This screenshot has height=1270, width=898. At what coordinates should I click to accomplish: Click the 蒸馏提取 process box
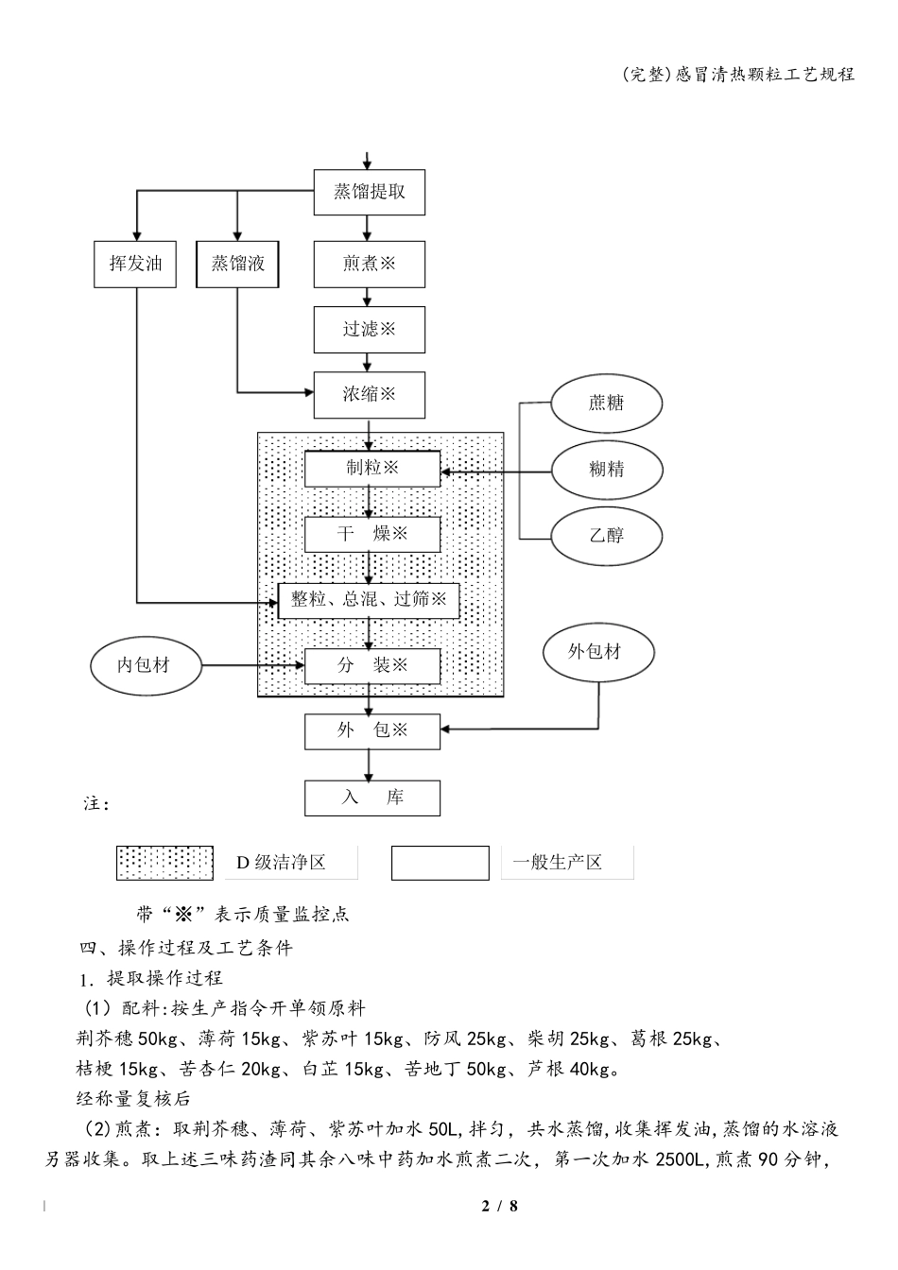[x=369, y=193]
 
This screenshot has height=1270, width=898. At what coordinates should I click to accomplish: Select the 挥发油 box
[x=135, y=265]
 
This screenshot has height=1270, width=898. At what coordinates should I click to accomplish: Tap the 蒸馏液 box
[x=238, y=265]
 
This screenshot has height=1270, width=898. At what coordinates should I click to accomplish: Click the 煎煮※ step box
[x=369, y=265]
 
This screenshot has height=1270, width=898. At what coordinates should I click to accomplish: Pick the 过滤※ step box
[x=369, y=330]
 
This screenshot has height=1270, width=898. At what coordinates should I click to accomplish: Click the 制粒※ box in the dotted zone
[x=371, y=469]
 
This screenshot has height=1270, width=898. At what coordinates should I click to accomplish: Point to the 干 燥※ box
[x=371, y=535]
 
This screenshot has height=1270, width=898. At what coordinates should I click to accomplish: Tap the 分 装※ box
[x=371, y=666]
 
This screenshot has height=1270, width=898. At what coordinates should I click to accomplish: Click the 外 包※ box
[x=371, y=731]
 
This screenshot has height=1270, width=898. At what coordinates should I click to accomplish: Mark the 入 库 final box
[x=371, y=798]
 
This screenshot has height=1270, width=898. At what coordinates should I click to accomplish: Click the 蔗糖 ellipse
[x=607, y=403]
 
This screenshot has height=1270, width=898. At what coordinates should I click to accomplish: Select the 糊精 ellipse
[x=607, y=469]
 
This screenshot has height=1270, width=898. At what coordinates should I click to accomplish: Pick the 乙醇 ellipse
[x=607, y=535]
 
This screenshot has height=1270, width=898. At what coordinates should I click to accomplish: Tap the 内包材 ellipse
[x=145, y=666]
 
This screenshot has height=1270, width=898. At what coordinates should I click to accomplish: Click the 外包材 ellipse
[x=597, y=652]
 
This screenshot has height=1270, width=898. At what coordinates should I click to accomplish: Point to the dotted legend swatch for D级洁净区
[x=164, y=863]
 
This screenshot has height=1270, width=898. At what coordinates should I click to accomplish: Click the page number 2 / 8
[x=500, y=1207]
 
